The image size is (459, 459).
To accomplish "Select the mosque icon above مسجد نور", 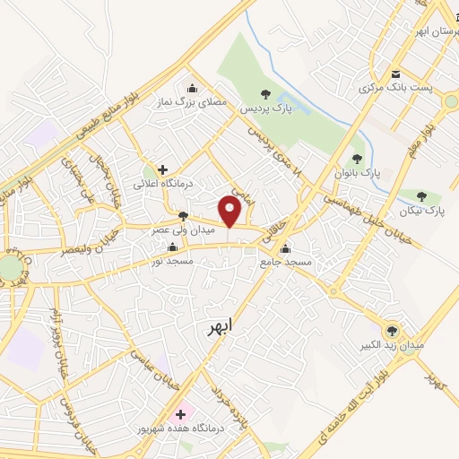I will point(173,247).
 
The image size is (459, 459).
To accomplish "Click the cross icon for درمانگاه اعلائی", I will point(162,169).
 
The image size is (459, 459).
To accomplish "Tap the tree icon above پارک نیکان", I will point(421,196).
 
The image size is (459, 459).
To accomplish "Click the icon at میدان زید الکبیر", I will point(390,330).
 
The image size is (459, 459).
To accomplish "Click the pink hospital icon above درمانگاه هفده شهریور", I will point(181,414).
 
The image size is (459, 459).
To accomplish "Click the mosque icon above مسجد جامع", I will point(286,248).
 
